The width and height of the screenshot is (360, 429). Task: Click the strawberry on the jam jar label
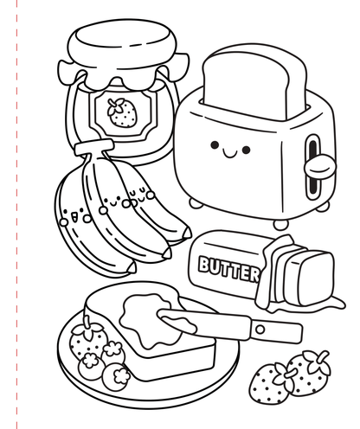121,111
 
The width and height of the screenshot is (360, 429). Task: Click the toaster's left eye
213,147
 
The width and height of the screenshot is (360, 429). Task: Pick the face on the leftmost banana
77,213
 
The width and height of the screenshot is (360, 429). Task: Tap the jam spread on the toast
147,315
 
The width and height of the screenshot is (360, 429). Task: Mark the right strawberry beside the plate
306,372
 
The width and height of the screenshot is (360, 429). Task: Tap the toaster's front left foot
197,203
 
